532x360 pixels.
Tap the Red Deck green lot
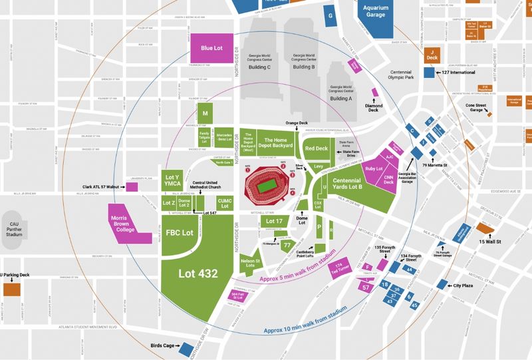[x=317, y=148]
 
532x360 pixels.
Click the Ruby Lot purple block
[x=374, y=169]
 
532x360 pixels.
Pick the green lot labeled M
[x=206, y=114]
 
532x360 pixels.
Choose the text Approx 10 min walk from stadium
[x=305, y=320]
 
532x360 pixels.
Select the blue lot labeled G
[x=329, y=15]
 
